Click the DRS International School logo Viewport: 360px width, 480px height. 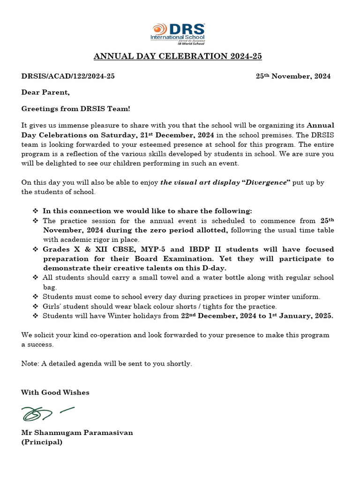tap(177, 33)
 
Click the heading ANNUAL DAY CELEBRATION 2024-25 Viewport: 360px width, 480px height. tap(178, 57)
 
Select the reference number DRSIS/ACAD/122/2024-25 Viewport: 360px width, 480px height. tap(68, 76)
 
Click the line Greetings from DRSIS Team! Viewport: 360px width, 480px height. tap(76, 109)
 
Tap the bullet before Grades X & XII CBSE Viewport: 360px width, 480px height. tap(36, 249)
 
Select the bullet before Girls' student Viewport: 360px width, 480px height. tap(36, 307)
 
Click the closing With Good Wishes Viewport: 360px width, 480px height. tap(55, 392)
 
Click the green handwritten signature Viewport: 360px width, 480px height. tap(47, 413)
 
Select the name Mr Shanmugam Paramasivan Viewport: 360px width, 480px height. tap(77, 433)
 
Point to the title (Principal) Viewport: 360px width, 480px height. tap(42, 442)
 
